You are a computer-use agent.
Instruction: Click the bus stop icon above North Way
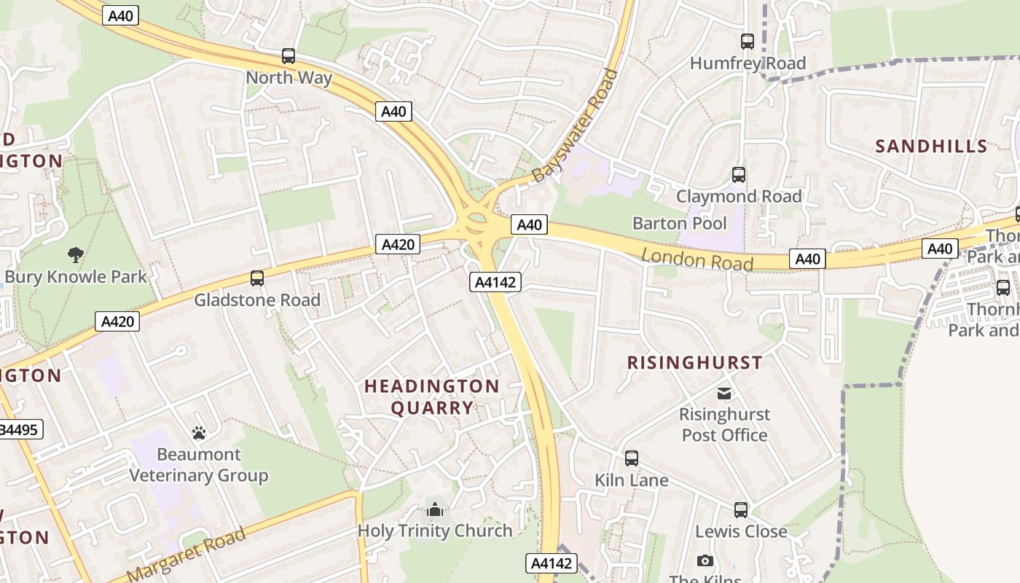[289, 55]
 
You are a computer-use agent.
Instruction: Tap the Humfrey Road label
[748, 63]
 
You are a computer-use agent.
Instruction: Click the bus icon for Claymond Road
[739, 175]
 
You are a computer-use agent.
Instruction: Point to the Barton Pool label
[679, 223]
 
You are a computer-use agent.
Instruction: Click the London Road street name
[697, 258]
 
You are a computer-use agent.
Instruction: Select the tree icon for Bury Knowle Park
[75, 254]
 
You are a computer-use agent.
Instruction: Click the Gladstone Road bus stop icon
[257, 278]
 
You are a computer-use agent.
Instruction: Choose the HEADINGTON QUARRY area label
[432, 396]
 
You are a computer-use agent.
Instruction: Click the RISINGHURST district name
[694, 362]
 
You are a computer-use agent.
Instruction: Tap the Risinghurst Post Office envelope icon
[724, 394]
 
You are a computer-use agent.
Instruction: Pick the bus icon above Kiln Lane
[632, 458]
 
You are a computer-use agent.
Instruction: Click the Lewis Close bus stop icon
[741, 510]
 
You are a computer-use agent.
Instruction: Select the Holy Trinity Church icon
[435, 509]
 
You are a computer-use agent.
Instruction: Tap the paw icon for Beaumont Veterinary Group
[199, 433]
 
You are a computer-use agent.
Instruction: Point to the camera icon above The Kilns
[705, 560]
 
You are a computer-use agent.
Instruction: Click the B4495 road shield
[20, 429]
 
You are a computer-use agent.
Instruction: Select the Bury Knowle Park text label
[76, 277]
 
